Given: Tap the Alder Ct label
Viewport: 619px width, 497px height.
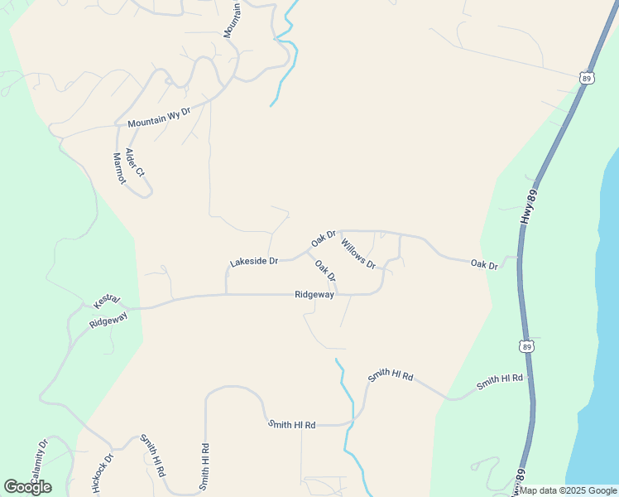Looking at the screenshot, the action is point(134,162).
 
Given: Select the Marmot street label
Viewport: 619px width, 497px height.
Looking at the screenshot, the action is point(118,168).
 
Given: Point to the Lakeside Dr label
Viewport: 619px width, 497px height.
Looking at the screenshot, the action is point(253,261).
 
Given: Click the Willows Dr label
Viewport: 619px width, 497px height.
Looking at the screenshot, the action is point(358,253).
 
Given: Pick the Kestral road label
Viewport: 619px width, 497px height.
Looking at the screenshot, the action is point(107,298).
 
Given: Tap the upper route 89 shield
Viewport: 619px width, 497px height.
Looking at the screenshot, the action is point(587,78).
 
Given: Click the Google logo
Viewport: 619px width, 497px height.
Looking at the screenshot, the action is point(27,487).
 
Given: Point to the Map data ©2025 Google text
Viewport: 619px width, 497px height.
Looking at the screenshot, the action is point(569,490).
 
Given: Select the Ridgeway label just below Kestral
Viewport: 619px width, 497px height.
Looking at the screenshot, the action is point(108,317).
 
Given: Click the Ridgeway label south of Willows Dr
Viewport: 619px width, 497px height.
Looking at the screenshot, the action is point(314,294).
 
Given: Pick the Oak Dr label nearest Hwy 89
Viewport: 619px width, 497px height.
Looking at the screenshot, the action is point(484,265).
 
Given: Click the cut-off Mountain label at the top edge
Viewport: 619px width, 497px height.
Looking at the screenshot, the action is point(233,18).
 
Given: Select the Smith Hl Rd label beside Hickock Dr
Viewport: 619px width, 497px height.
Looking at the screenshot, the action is point(153,453).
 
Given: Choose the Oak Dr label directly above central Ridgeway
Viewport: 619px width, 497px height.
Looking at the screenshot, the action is point(325,270).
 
